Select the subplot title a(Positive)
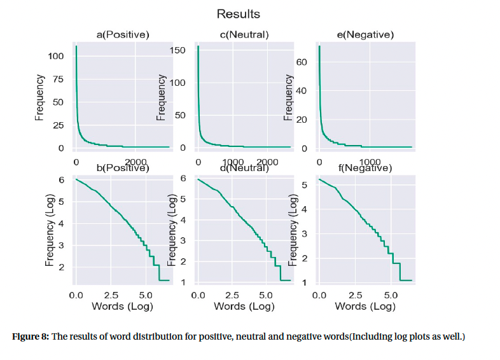pyautogui.click(x=123, y=35)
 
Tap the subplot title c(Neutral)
pyautogui.click(x=244, y=35)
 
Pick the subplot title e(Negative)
pyautogui.click(x=365, y=35)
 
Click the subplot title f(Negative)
pyautogui.click(x=365, y=169)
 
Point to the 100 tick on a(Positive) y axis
pyautogui.click(x=57, y=57)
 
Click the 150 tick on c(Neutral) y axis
pyautogui.click(x=178, y=50)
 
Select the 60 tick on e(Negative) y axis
pyautogui.click(x=302, y=62)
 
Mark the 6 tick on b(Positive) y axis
pyautogui.click(x=62, y=180)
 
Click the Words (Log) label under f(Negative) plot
pyautogui.click(x=365, y=307)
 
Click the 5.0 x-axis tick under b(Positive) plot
pyautogui.click(x=145, y=296)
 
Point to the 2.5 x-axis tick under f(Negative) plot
pyautogui.click(x=356, y=296)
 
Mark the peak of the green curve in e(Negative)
pyautogui.click(x=319, y=46)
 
